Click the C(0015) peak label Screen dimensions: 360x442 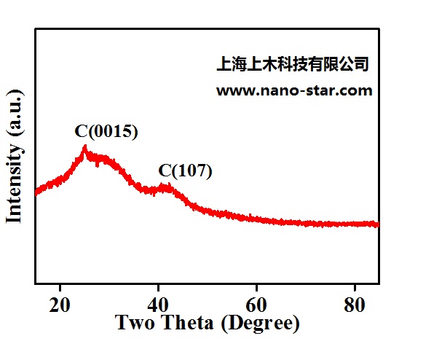click(106, 132)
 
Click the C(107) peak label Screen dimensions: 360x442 click(185, 171)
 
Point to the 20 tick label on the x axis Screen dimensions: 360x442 click(60, 303)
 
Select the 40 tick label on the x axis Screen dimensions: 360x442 click(159, 303)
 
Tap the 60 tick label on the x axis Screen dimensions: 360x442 click(256, 303)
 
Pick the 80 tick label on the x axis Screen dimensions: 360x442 click(355, 303)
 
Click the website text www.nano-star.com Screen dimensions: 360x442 click(294, 91)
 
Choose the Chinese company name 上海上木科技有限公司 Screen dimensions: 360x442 click(293, 64)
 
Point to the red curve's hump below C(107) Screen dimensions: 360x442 click(167, 188)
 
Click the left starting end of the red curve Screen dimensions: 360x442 click(36, 192)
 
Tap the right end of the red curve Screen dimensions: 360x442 click(378, 224)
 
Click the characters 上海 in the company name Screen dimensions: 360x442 click(232, 64)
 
